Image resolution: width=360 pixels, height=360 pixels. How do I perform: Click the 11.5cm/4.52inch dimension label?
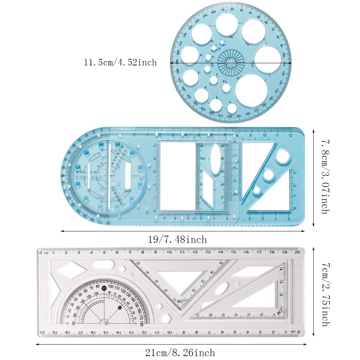[120, 63]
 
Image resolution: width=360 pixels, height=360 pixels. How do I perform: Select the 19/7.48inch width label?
[177, 239]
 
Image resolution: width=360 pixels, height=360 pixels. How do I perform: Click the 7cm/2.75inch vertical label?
[324, 295]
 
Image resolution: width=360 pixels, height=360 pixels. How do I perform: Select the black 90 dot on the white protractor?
[104, 288]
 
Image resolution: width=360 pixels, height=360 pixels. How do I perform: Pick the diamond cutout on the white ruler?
[71, 270]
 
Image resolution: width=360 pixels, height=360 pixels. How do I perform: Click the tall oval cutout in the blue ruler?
[215, 154]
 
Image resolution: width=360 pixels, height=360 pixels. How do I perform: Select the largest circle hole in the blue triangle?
[283, 157]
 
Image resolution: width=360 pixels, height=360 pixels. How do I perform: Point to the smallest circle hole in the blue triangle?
[257, 191]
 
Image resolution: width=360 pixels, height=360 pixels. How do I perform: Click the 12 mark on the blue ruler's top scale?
[290, 135]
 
